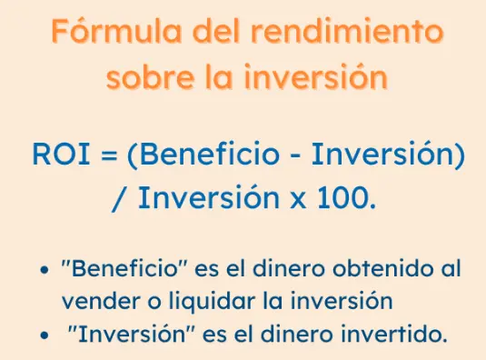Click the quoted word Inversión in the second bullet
coord(128,333)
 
